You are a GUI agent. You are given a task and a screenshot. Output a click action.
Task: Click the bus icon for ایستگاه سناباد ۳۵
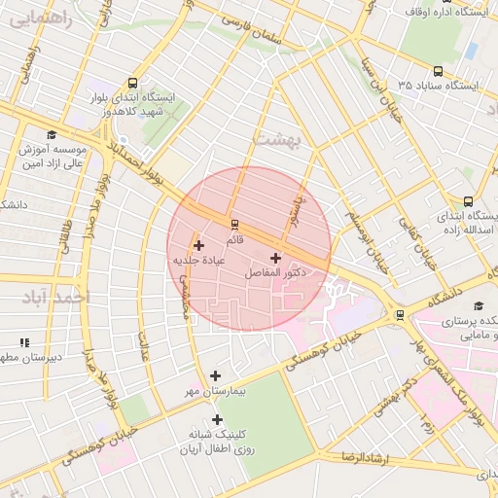point(438,71)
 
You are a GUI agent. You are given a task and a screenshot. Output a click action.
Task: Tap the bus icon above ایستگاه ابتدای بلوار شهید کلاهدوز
point(132,83)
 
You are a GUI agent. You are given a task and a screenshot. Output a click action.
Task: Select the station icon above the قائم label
point(233,225)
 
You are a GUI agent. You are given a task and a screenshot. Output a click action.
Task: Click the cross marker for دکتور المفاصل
point(275,258)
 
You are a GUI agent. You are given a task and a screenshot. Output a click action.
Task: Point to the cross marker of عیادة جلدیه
point(199,245)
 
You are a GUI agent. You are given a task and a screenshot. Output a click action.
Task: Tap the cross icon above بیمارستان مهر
point(215,375)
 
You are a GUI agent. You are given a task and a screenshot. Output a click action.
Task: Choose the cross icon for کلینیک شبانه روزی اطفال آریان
point(217,419)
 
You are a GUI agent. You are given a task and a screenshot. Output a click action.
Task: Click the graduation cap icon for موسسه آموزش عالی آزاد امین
point(51,135)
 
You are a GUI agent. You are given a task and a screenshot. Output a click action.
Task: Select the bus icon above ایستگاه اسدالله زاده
point(469,200)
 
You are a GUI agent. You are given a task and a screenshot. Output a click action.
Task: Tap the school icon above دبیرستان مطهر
point(24,342)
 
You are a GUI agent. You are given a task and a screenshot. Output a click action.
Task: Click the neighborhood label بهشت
point(280,139)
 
